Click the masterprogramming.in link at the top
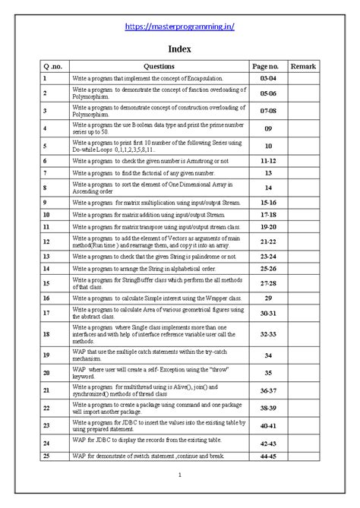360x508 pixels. click(x=179, y=27)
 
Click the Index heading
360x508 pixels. click(x=179, y=49)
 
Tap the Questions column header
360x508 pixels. click(x=158, y=67)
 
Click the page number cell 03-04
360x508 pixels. click(x=268, y=78)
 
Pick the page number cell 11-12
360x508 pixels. click(x=268, y=162)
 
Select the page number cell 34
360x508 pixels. click(x=268, y=355)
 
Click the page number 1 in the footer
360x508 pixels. click(x=179, y=475)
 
